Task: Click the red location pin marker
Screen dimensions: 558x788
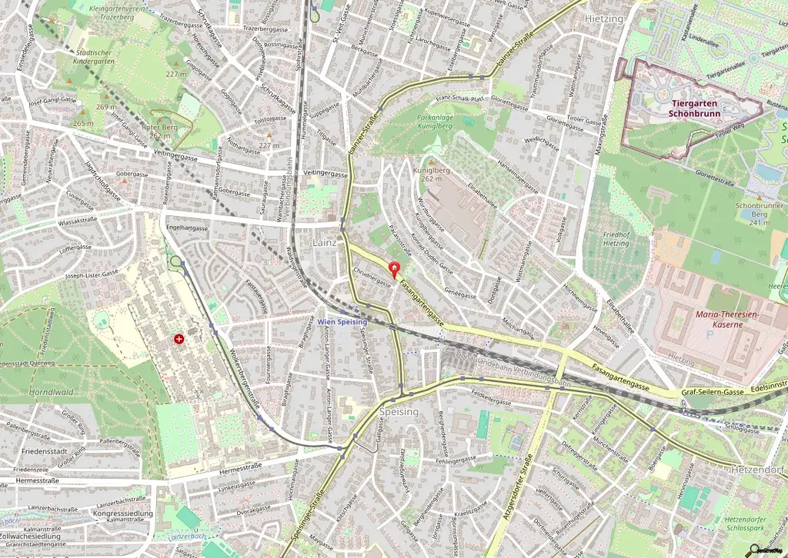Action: point(396,269)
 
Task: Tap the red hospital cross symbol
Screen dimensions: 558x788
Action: point(179,338)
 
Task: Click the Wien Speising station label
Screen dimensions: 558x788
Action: point(342,322)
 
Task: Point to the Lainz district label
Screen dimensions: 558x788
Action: point(324,242)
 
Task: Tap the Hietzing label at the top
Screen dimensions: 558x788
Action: point(604,18)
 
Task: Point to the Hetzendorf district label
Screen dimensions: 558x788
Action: point(758,469)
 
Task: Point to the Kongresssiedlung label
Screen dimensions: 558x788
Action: point(122,513)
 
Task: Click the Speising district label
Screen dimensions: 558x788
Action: point(399,412)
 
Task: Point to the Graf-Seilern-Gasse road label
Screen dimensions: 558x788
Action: point(713,392)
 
